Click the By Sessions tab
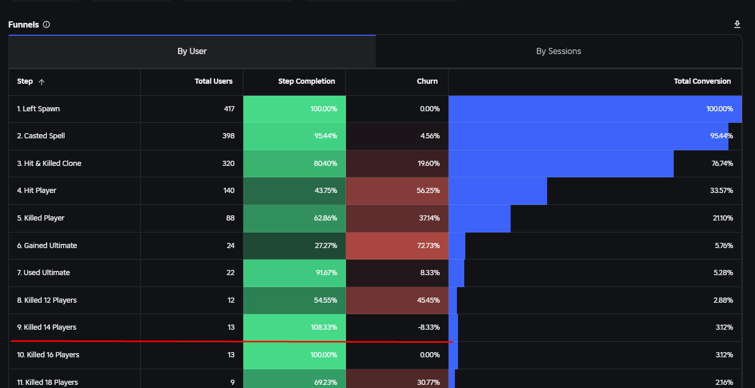point(558,51)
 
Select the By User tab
point(192,51)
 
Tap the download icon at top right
point(737,24)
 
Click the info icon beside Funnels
point(46,24)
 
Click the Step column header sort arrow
point(42,82)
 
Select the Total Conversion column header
point(702,81)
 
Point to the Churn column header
point(427,81)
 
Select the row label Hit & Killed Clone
point(49,163)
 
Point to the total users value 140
point(229,190)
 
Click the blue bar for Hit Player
point(498,190)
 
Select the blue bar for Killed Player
point(479,218)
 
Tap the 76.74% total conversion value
point(722,163)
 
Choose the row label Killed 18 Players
point(47,382)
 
